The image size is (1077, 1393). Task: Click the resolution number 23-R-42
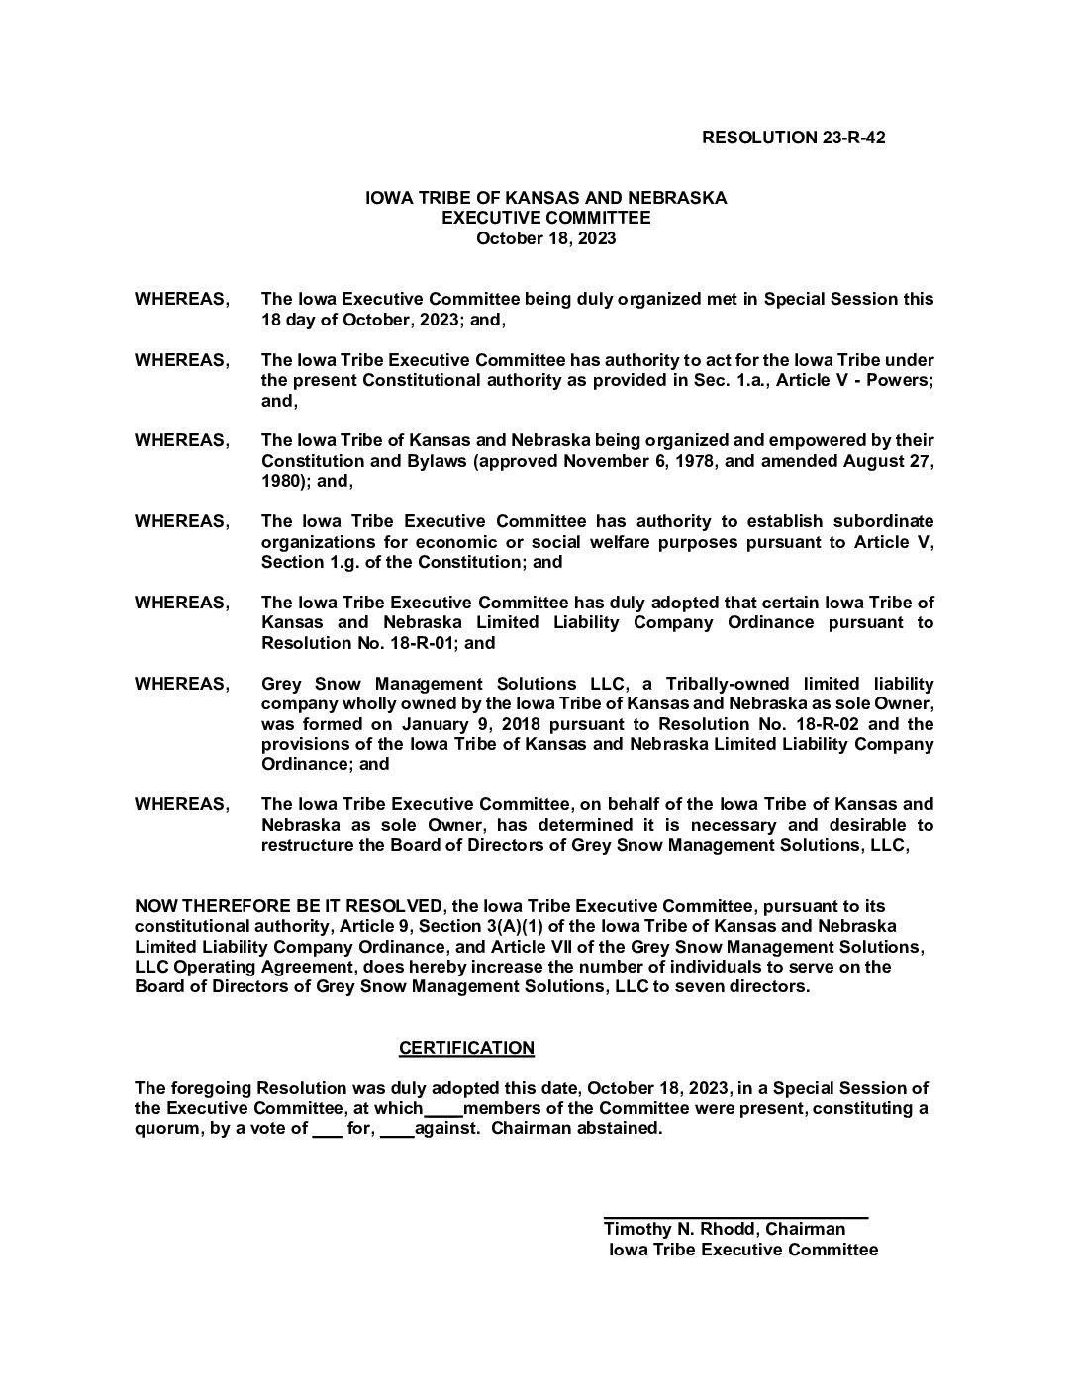tap(852, 138)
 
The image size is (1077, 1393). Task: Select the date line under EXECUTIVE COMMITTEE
tap(545, 238)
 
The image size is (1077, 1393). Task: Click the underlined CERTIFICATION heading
tap(466, 1048)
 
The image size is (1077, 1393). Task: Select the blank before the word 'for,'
tap(327, 1130)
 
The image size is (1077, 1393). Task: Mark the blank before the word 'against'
tap(397, 1130)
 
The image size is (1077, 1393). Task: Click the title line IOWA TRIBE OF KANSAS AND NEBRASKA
tap(545, 198)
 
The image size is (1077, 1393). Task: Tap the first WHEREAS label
tap(181, 299)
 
